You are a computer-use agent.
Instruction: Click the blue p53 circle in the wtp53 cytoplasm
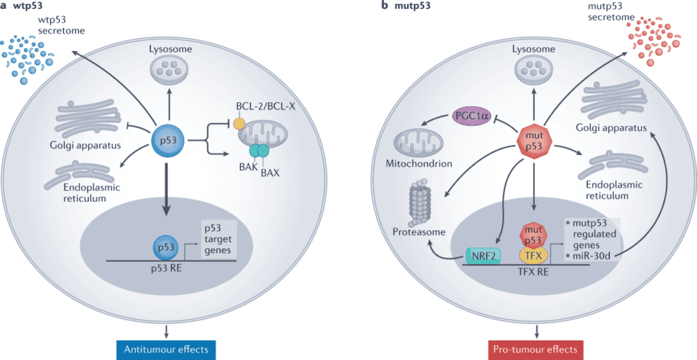pyautogui.click(x=167, y=142)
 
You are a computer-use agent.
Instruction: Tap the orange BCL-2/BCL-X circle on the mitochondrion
pyautogui.click(x=239, y=124)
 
